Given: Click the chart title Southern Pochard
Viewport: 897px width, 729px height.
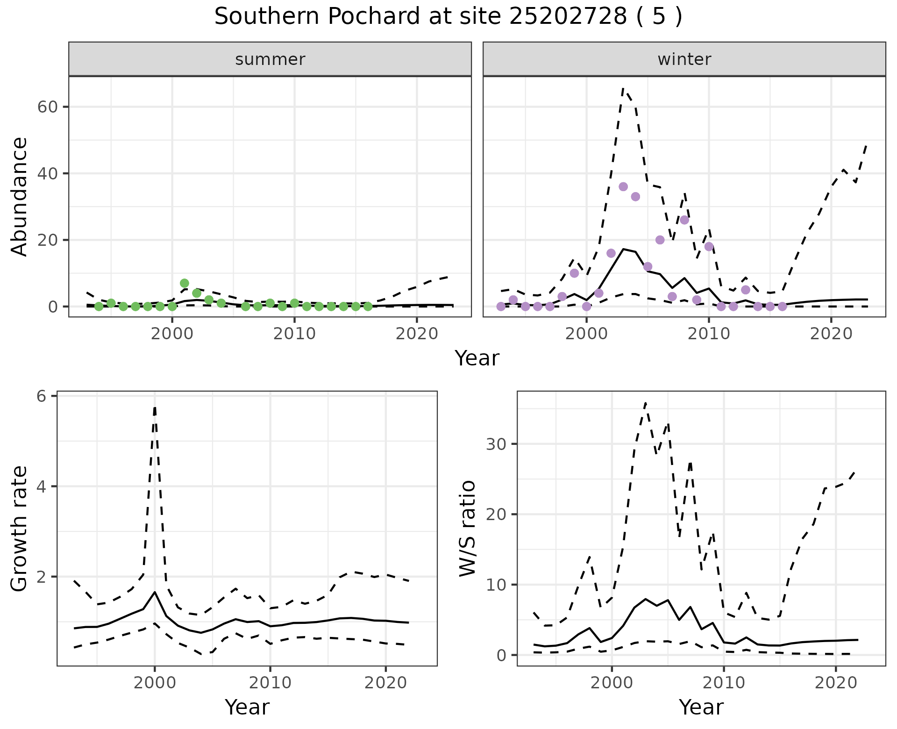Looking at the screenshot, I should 448,17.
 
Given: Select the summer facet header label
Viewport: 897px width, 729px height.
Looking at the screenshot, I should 270,59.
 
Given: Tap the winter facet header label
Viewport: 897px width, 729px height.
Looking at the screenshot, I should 684,59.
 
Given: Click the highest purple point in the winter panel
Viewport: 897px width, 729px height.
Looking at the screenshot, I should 623,186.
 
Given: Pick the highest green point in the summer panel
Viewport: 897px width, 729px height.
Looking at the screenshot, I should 184,283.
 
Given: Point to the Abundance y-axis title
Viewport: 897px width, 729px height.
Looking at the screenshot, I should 20,196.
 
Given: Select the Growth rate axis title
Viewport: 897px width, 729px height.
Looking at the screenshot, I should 20,529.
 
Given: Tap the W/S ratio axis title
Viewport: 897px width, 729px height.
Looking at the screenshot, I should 467,528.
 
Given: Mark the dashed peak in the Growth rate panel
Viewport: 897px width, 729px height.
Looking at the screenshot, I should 155,407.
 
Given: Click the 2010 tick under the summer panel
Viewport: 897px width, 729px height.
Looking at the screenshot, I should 294,334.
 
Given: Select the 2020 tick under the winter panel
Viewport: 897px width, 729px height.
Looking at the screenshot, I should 831,334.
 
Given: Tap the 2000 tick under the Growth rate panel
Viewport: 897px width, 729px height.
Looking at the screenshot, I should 155,683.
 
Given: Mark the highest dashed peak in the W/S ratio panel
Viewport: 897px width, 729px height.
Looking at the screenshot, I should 645,402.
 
